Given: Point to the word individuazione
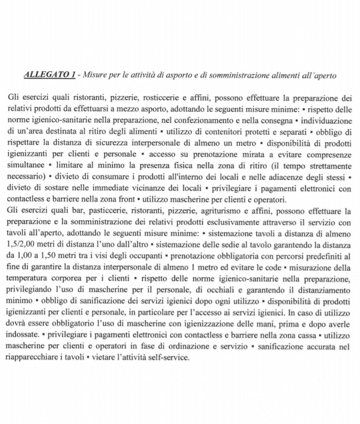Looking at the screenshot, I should tap(327, 121).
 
